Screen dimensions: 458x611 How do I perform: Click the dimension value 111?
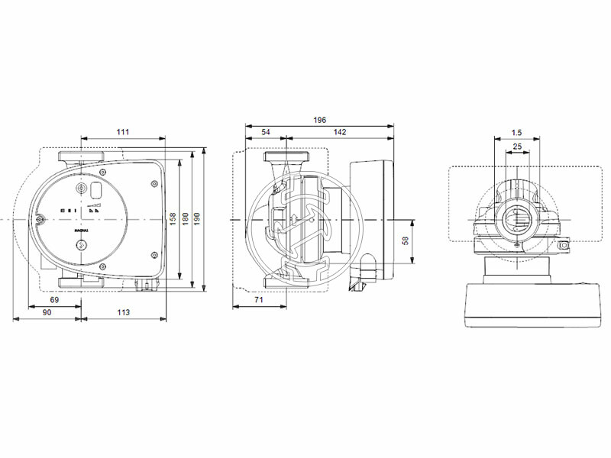pyautogui.click(x=123, y=132)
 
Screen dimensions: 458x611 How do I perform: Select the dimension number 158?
pyautogui.click(x=173, y=219)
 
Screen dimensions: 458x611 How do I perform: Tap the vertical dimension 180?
pyautogui.click(x=185, y=219)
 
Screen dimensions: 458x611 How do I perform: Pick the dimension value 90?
pyautogui.click(x=46, y=314)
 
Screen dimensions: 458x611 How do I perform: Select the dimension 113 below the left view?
pyautogui.click(x=123, y=314)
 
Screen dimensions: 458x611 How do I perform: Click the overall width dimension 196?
pyautogui.click(x=319, y=121)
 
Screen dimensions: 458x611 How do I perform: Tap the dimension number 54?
pyautogui.click(x=266, y=132)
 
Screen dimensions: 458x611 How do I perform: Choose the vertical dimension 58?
pyautogui.click(x=406, y=240)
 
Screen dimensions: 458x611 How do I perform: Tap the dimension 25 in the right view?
pyautogui.click(x=517, y=146)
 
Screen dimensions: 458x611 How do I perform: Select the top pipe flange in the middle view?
pyautogui.click(x=285, y=157)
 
